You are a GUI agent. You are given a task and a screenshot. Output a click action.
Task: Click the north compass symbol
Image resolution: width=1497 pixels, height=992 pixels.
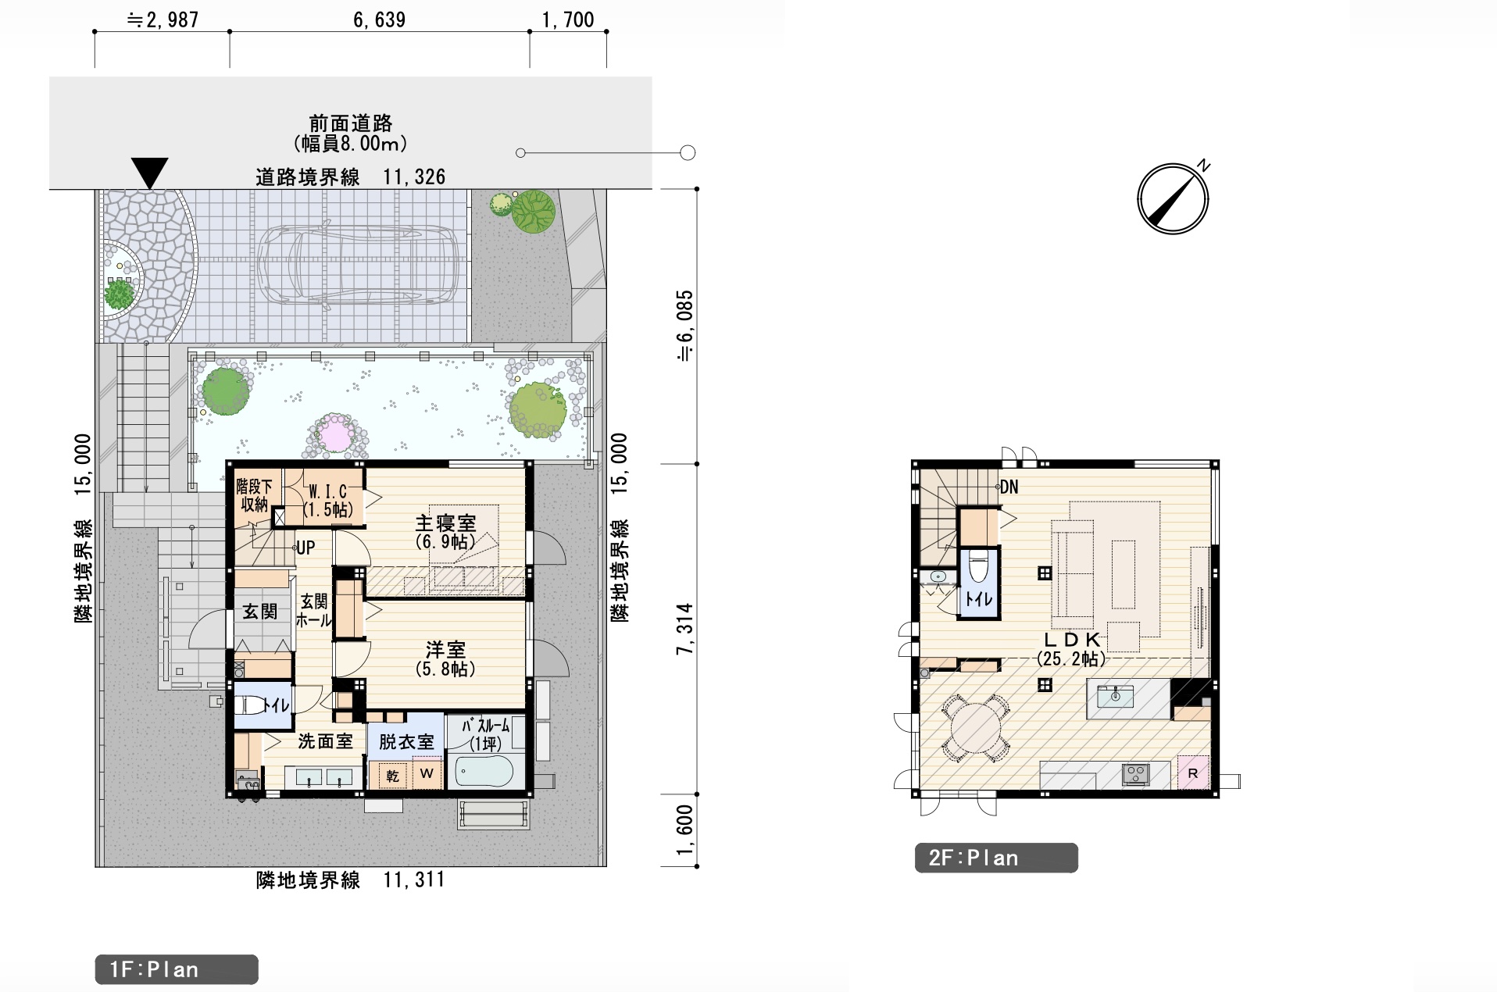click(x=1173, y=198)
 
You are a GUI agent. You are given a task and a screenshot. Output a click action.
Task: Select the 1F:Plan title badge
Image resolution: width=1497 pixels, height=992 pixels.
click(x=177, y=969)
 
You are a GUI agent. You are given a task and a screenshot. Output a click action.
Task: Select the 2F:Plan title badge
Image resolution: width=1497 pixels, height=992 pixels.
click(x=996, y=858)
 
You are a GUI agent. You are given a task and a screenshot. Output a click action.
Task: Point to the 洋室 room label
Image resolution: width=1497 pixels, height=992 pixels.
click(x=445, y=648)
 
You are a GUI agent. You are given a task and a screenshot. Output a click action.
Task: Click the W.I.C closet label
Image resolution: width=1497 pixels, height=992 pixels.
click(x=327, y=492)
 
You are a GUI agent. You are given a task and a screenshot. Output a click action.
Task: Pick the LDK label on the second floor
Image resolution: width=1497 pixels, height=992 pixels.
click(x=1072, y=640)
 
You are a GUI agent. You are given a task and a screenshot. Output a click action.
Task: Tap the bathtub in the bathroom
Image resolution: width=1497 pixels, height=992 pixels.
click(x=484, y=772)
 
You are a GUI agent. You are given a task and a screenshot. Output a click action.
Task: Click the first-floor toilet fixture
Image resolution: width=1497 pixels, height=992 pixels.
click(x=252, y=705)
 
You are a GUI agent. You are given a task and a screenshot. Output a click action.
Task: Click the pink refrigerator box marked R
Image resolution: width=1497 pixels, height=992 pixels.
click(x=1193, y=773)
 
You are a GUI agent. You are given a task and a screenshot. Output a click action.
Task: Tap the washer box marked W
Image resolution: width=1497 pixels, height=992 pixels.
click(x=427, y=774)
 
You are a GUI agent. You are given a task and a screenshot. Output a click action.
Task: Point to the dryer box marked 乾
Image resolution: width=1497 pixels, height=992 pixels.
click(x=393, y=776)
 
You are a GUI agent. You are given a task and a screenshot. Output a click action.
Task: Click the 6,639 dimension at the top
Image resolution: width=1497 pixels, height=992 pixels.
click(x=380, y=20)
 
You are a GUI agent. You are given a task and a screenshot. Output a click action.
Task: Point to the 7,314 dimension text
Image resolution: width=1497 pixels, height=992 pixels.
click(x=685, y=629)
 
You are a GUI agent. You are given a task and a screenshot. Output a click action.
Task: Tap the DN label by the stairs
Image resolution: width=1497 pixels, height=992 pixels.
click(x=1009, y=487)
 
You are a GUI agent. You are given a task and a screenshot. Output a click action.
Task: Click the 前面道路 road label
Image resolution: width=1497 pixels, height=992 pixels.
click(x=351, y=123)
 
